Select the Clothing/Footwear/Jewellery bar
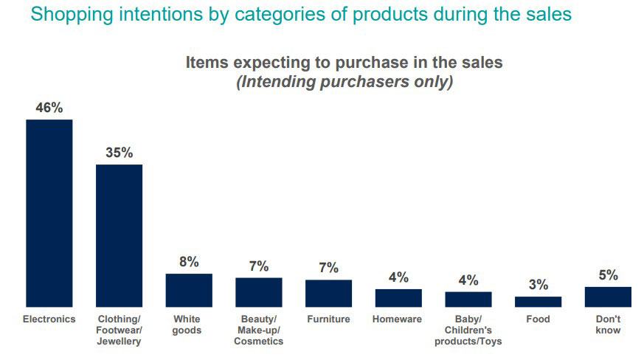tap(119, 235)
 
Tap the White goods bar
tap(189, 290)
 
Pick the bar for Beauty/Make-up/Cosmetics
tap(258, 292)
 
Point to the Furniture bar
tap(328, 293)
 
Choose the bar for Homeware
tap(398, 297)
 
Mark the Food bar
tap(538, 301)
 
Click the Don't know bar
tap(608, 297)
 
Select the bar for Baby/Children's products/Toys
tap(468, 299)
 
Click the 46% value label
tap(49, 108)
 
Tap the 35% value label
tap(119, 153)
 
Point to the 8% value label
tap(189, 262)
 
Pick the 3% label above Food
tap(538, 285)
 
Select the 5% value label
tap(608, 275)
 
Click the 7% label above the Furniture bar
tap(328, 268)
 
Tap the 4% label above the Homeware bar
tap(398, 277)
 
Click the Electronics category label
tap(49, 319)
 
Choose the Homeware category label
tap(398, 319)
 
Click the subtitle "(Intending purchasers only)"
tap(344, 82)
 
